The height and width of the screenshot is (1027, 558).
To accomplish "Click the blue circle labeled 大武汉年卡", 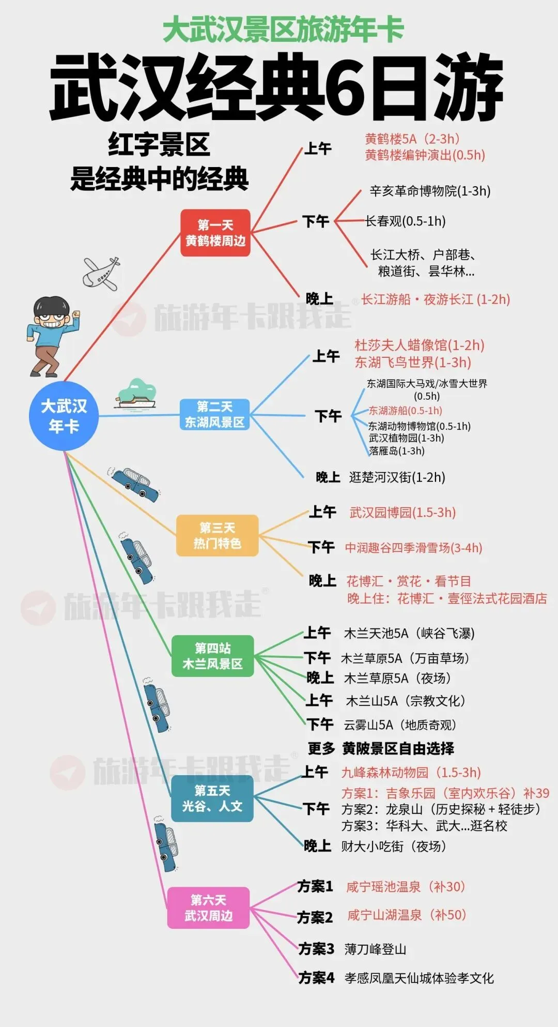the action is tap(64, 416).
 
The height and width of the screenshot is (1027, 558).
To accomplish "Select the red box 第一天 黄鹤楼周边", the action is tap(215, 233).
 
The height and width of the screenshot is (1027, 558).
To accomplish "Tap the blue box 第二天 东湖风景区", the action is tap(214, 414).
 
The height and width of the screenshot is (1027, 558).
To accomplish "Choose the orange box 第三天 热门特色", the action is tap(217, 536).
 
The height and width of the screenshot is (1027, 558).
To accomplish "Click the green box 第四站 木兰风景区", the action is tap(212, 656).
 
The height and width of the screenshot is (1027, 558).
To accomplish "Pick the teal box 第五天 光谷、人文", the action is tap(212, 798).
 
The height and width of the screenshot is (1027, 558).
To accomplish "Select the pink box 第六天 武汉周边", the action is tap(208, 908).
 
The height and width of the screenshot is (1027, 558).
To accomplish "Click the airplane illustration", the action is tap(102, 273).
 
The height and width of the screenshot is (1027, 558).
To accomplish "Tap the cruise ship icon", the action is tap(135, 395).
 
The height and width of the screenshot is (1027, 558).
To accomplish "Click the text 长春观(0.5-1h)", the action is tap(406, 221).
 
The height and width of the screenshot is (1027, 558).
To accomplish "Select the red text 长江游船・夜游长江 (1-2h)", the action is tap(436, 299).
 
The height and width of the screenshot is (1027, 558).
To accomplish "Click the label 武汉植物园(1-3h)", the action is tap(406, 438).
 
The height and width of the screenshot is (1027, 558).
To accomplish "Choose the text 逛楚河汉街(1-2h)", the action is tap(397, 477).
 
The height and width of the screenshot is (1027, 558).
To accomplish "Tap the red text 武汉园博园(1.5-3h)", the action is tap(402, 512).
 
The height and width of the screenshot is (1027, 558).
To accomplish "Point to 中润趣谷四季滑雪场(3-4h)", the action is tap(413, 548).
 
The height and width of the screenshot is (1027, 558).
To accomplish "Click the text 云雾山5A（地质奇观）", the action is tap(400, 725).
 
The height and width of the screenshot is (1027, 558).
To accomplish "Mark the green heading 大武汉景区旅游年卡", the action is tap(283, 29).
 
